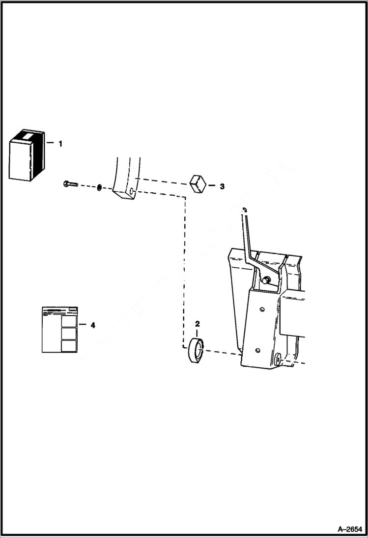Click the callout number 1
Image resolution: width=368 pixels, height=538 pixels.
tap(60, 144)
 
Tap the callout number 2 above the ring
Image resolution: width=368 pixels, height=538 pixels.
tap(198, 324)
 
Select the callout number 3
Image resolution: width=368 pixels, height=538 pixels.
tap(222, 186)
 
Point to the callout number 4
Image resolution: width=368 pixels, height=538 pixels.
tap(93, 325)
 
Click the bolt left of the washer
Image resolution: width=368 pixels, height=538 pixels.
tap(71, 184)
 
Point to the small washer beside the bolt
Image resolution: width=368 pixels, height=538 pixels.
tap(99, 187)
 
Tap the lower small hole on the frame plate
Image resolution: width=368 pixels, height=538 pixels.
tap(257, 351)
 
